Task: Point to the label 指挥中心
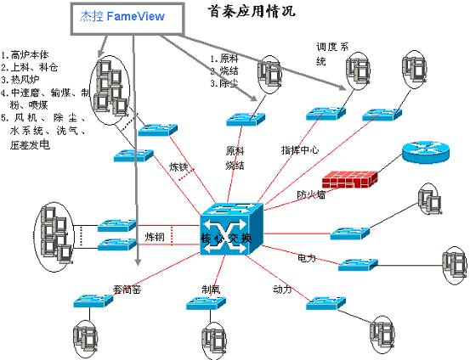(300, 149)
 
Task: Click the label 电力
(307, 256)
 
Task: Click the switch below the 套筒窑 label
(88, 301)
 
